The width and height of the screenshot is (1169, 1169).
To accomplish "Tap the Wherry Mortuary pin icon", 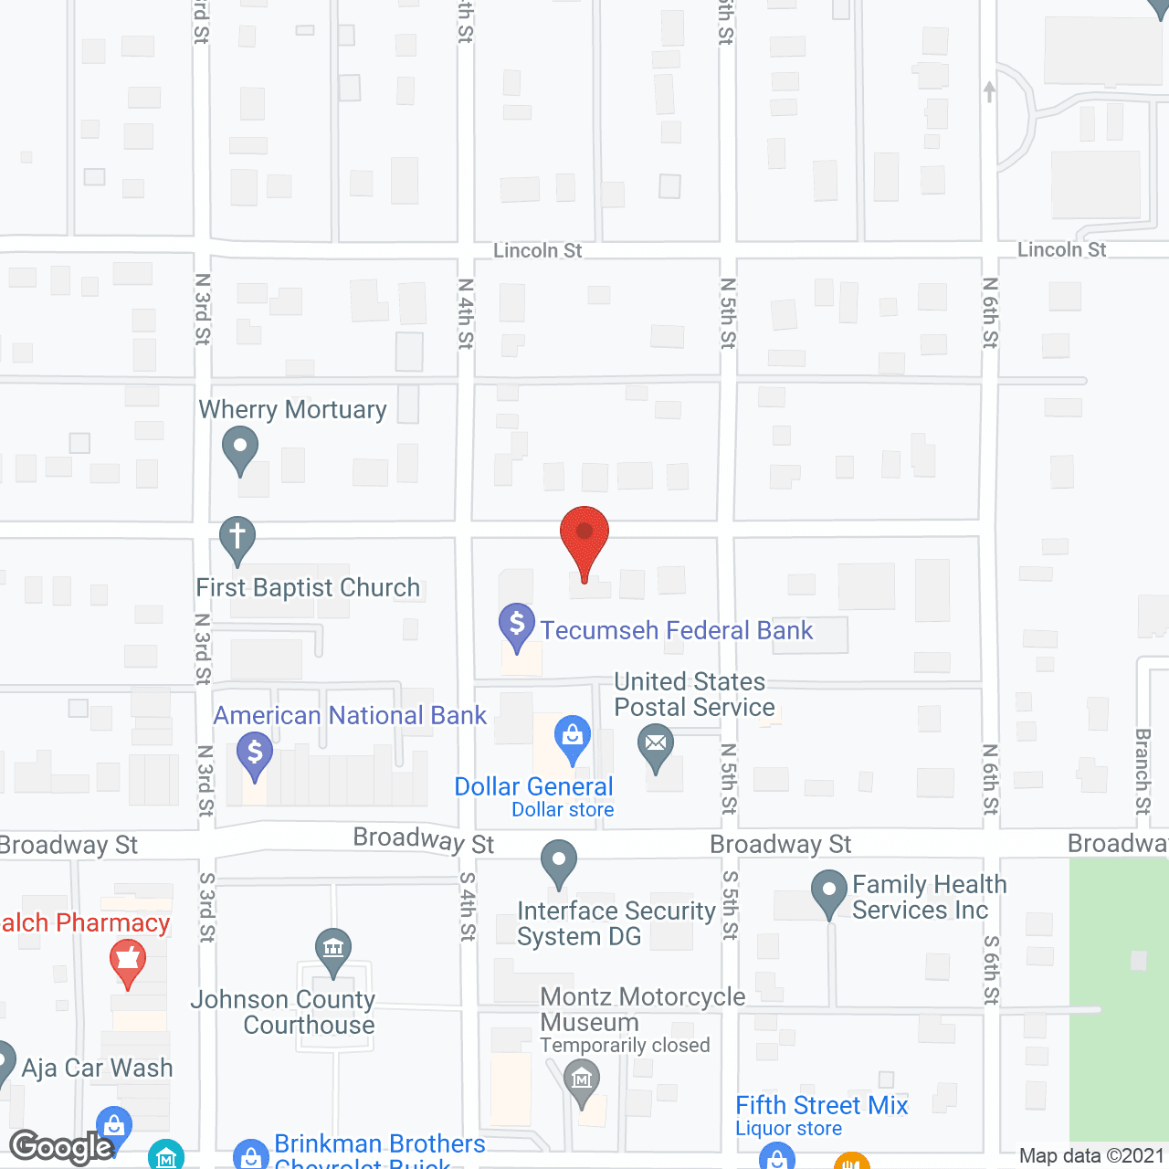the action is coord(240,450).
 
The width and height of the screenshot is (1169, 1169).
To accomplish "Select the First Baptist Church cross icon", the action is coord(237,538).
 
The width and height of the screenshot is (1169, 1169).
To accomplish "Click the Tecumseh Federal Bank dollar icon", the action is coord(517,625).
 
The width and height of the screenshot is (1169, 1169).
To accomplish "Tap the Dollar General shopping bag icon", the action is coord(573,736).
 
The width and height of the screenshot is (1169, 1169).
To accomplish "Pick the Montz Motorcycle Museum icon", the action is coord(582,1080).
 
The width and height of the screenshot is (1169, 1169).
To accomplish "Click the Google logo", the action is coord(60,1147).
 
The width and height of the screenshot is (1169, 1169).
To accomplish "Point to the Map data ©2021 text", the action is coord(1092,1156).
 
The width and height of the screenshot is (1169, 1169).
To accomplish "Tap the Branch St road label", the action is coord(1143,772).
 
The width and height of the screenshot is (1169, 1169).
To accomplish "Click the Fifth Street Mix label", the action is coord(822,1106).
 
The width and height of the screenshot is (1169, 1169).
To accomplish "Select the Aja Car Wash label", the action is coord(97,1068).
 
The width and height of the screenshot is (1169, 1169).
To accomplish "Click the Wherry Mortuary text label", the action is coord(293,410).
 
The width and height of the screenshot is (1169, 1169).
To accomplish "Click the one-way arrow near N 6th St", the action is coord(989,91).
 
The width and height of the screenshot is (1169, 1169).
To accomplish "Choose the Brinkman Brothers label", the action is coord(380,1144).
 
